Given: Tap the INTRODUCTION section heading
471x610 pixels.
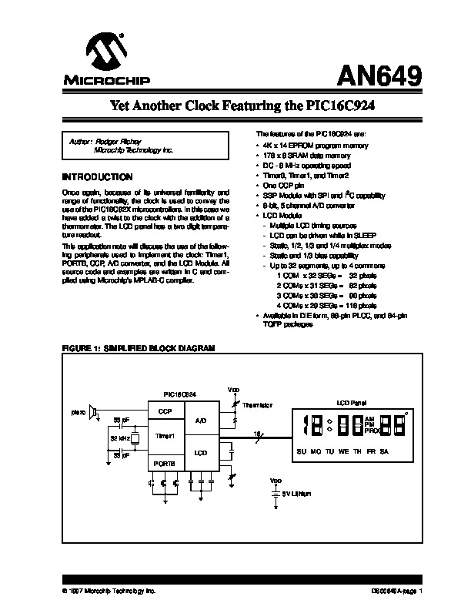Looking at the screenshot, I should [96, 176].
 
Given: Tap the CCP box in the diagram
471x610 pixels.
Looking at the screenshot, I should [165, 412].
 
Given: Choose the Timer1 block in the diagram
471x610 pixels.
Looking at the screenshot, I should [165, 435].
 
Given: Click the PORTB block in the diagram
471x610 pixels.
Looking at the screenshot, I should [165, 463].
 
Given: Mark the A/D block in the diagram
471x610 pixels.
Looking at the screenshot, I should [200, 421].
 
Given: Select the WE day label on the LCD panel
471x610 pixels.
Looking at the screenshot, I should [342, 451].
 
